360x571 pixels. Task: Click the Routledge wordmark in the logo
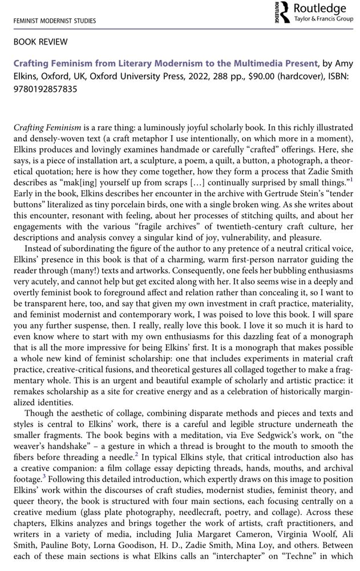tap(319, 9)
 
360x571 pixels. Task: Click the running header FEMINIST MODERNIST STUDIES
tap(51, 21)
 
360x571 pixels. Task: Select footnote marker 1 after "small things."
tap(351, 179)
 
